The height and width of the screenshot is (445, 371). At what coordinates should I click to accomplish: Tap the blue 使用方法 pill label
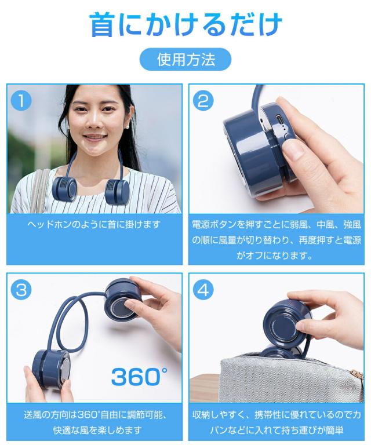click(185, 59)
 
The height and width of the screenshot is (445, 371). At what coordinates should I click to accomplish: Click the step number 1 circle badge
click(21, 101)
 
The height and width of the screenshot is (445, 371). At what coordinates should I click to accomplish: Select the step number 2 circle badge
click(202, 101)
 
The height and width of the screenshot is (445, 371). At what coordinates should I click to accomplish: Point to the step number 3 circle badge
click(21, 290)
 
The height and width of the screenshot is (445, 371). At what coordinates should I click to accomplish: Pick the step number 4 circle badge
click(202, 290)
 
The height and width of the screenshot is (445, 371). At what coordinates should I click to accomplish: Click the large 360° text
click(139, 377)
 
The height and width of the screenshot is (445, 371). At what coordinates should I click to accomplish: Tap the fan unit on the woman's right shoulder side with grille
click(64, 188)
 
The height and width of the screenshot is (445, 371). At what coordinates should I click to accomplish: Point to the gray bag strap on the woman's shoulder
click(38, 185)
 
